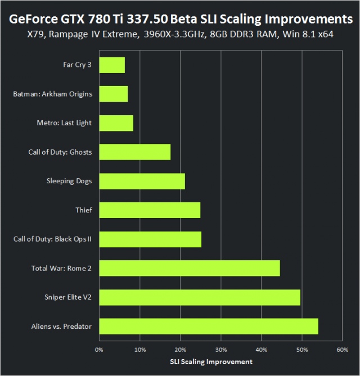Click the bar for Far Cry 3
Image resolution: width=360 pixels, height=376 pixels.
(112, 65)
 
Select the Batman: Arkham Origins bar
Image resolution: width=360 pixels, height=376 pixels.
(114, 94)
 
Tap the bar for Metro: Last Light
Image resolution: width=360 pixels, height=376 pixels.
(116, 123)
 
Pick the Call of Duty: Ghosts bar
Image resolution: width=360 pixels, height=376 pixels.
(135, 152)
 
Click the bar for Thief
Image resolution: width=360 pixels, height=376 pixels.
(150, 210)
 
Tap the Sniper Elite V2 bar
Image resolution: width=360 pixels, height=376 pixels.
(200, 297)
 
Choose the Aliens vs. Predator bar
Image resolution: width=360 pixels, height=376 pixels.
(209, 326)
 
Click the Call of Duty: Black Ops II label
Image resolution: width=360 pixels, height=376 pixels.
(52, 239)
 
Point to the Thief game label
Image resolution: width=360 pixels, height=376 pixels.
(83, 210)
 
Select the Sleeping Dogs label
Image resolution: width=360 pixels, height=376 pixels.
(69, 181)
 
